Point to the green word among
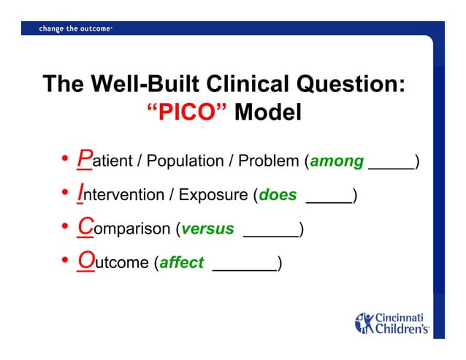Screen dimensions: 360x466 tap(337, 161)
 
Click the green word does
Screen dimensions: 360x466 tap(278, 195)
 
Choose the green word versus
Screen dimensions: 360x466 tap(207, 229)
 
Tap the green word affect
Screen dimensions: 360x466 tap(181, 263)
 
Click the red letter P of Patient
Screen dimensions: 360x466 tap(85, 159)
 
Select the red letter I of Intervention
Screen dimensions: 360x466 tap(81, 194)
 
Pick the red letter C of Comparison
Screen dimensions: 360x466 tap(85, 227)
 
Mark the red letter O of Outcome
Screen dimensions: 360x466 tap(86, 261)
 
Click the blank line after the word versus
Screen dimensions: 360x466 tap(270, 234)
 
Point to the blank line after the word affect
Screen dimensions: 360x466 tap(244, 268)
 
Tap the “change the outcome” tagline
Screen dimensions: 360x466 tap(75, 28)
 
